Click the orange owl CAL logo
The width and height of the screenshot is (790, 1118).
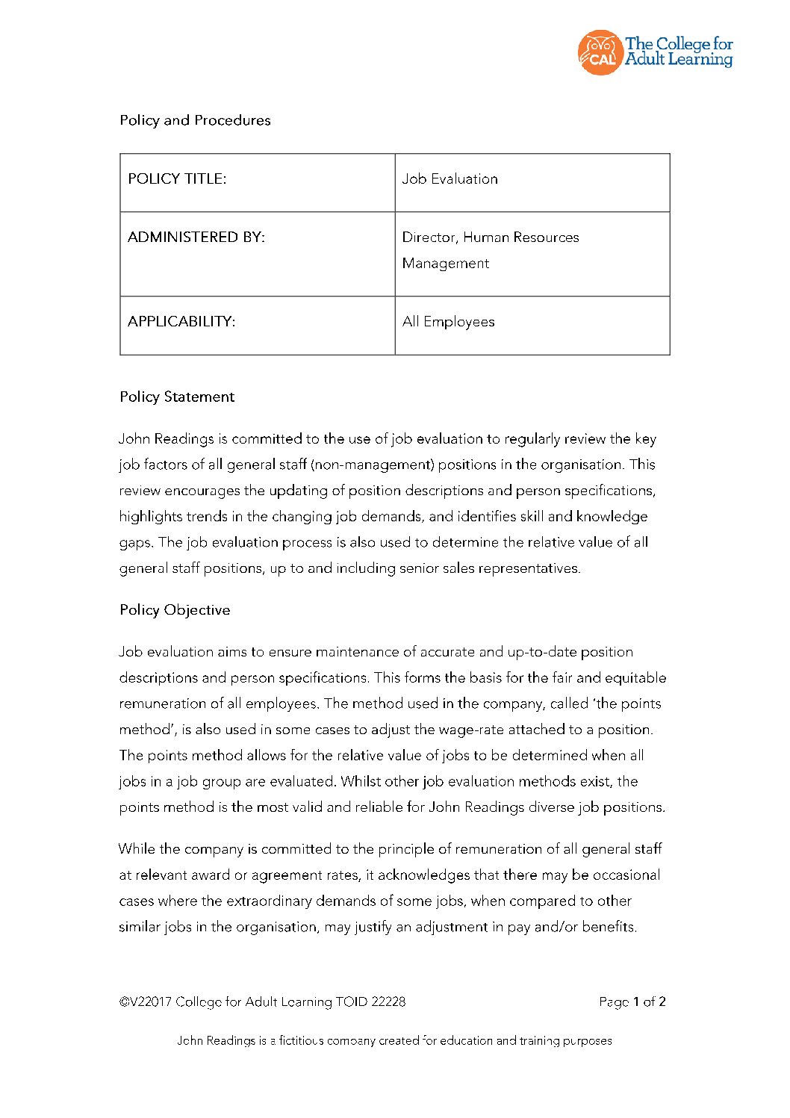[x=600, y=52]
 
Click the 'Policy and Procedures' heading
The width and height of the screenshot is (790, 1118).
[x=195, y=120]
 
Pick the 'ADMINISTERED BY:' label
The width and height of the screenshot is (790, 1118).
[x=196, y=237]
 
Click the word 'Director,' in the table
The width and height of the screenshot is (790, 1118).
[x=429, y=237]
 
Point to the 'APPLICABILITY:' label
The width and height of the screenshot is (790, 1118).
[x=181, y=321]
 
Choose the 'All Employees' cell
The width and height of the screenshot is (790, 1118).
[x=448, y=321]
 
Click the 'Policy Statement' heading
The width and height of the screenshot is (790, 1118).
[x=177, y=397]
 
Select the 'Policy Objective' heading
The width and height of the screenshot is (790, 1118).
[x=175, y=609]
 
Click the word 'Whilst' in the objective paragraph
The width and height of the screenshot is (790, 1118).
[x=361, y=781]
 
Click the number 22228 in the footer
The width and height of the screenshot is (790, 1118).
[x=388, y=1001]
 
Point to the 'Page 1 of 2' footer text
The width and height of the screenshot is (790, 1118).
[x=632, y=1001]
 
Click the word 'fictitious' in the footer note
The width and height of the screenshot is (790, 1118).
[x=302, y=1040]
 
